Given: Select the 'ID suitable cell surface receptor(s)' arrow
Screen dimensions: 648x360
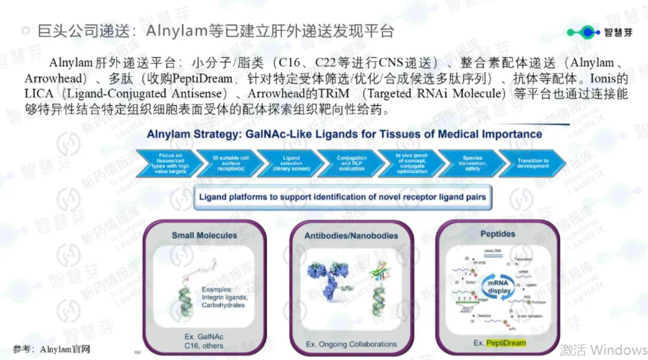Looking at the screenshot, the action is [227, 162].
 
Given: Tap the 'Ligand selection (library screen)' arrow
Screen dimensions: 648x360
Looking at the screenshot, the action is [289, 162].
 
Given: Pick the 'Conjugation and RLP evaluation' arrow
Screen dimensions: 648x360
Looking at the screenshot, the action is [351, 162].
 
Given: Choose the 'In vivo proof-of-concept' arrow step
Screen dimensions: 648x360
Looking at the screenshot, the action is [411, 162].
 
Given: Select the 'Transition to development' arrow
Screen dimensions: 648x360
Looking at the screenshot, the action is [532, 162].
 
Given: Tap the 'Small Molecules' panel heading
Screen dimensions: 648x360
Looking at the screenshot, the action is [201, 235].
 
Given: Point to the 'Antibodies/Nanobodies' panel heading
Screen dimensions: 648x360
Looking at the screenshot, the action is [351, 235].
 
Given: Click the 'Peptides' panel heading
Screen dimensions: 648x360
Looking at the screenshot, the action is [498, 234].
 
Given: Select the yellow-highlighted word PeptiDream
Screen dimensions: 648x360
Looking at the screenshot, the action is [505, 343].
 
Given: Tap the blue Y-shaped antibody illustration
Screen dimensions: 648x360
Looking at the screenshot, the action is [330, 284].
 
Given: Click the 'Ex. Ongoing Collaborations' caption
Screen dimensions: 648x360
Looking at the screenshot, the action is [351, 344].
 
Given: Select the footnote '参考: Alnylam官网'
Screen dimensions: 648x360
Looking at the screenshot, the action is [51, 348].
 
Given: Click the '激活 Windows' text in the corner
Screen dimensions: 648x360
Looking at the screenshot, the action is [603, 349].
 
